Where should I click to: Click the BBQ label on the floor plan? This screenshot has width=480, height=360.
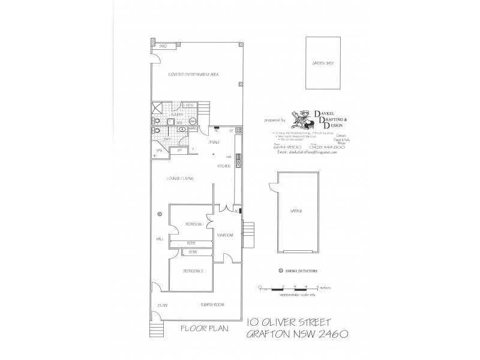pyautogui.click(x=162, y=46)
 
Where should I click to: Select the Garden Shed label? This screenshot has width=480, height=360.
pyautogui.click(x=321, y=62)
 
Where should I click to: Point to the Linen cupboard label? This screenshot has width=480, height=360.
pyautogui.click(x=188, y=105)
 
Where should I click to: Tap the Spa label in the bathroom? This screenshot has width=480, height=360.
pyautogui.click(x=159, y=150)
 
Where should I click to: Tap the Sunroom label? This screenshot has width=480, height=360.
pyautogui.click(x=225, y=236)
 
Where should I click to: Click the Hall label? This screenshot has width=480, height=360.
pyautogui.click(x=160, y=239)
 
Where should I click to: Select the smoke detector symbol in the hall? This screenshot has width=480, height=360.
pyautogui.click(x=159, y=214)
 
